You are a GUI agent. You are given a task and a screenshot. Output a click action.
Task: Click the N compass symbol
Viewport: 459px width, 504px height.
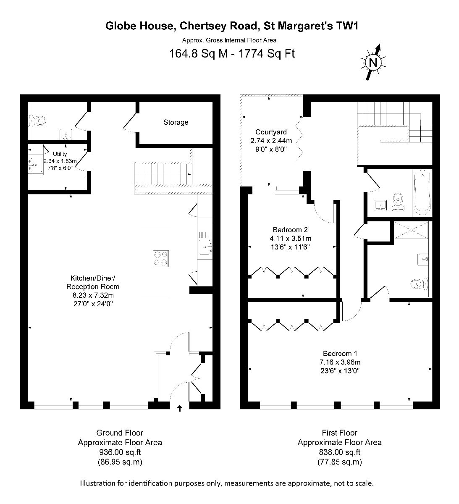pos(373,62)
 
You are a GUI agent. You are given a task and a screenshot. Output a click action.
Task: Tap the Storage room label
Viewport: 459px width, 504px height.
pos(176,122)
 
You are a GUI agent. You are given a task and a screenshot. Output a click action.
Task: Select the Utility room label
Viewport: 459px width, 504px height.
pos(60,154)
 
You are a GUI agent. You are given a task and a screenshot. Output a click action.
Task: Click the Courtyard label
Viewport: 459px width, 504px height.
pos(271,132)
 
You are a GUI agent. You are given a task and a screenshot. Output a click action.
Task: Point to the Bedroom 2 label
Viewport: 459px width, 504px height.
pos(290,230)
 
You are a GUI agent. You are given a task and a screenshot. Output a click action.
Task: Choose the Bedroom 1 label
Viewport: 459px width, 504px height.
pos(340,354)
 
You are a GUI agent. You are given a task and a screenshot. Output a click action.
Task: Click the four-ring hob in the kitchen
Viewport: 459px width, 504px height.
pos(161,259)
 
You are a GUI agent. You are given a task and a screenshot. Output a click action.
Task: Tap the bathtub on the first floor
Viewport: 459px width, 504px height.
pos(422,193)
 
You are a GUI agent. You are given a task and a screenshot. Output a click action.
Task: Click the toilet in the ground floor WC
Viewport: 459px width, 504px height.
pos(37,121)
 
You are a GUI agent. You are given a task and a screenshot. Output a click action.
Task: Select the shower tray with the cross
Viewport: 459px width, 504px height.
pos(411,230)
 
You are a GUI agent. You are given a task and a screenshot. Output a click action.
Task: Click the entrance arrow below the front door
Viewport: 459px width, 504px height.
pos(179,409)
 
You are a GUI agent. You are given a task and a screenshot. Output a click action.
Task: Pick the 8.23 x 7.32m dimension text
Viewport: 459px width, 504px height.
pos(93,295)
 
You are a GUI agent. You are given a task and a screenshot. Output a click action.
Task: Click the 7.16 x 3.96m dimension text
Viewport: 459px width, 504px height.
pos(340,362)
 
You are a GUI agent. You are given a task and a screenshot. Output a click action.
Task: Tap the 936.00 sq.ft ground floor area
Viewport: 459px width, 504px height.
pos(120,452)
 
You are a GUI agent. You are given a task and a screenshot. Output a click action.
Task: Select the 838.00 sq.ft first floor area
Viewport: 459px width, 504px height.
pos(340,452)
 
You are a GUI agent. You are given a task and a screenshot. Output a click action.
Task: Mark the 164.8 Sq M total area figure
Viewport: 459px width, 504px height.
pos(198,53)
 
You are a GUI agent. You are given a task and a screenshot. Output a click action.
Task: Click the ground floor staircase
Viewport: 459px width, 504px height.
pos(163,174)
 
